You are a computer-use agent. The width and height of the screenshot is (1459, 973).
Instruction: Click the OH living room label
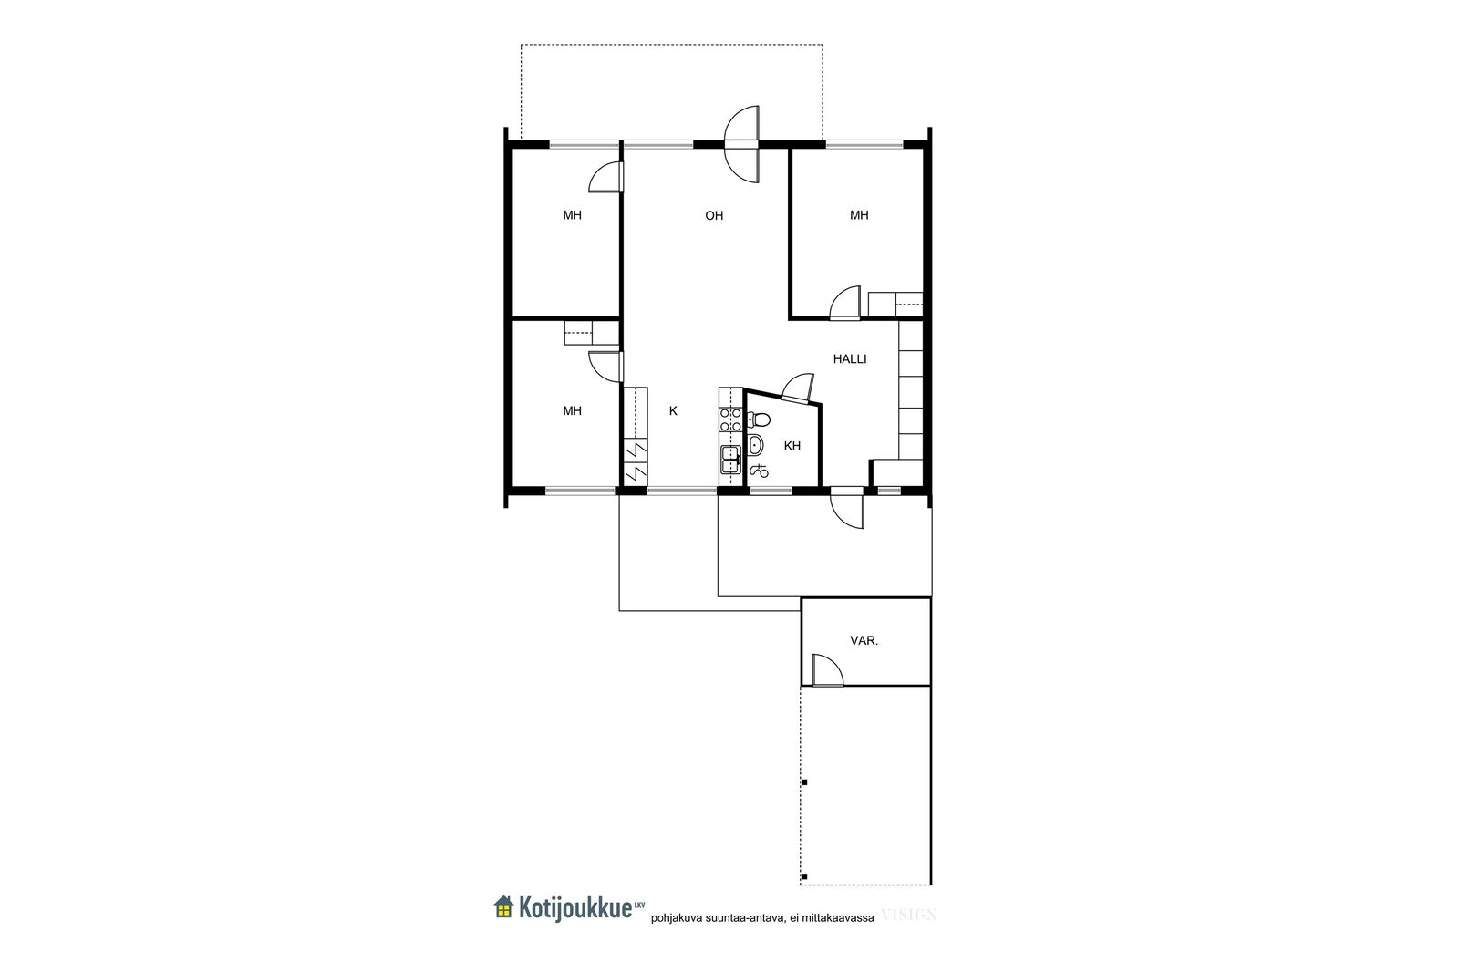point(714,215)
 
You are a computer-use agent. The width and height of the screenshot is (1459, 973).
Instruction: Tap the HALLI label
point(850,359)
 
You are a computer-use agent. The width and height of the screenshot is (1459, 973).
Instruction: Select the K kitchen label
point(674,411)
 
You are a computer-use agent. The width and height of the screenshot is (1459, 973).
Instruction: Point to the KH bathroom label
point(792,446)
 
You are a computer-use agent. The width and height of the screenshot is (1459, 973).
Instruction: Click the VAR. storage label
point(864,641)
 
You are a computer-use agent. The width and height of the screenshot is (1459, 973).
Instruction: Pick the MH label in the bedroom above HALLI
point(859,215)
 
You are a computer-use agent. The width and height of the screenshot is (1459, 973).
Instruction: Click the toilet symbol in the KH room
point(758,419)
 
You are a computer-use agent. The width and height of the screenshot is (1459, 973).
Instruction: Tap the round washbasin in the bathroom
point(756,446)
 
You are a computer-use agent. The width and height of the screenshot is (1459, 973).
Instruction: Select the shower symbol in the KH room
point(760,470)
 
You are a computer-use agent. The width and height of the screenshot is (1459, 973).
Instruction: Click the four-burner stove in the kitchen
point(730,419)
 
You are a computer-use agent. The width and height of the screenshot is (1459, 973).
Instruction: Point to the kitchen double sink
point(730,460)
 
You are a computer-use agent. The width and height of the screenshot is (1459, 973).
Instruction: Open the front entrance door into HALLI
point(847,507)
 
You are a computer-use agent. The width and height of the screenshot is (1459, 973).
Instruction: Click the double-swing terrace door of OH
point(742,145)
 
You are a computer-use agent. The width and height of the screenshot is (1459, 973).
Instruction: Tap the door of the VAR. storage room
point(828,671)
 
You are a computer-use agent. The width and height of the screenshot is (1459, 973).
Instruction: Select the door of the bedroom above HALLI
point(845,304)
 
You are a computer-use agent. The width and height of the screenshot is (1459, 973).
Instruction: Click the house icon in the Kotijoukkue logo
point(503,906)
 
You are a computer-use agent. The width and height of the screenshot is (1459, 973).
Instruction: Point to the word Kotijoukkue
point(575,908)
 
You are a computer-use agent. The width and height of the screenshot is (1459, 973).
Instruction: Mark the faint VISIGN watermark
point(908,915)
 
